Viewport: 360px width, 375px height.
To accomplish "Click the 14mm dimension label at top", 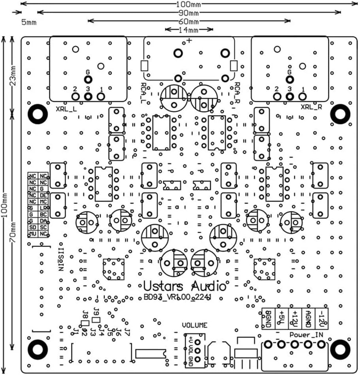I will coord(189,30).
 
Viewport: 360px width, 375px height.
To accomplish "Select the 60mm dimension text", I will coord(189,21).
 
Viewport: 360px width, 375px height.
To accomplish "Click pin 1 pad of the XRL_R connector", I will coord(303,96).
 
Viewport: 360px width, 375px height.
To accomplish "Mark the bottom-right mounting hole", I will coord(339,349).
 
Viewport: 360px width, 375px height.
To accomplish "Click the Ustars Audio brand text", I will coord(185,286).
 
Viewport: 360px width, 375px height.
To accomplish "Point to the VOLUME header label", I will coord(194,325).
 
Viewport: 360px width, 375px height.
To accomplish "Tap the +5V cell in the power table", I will coord(281,318).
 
